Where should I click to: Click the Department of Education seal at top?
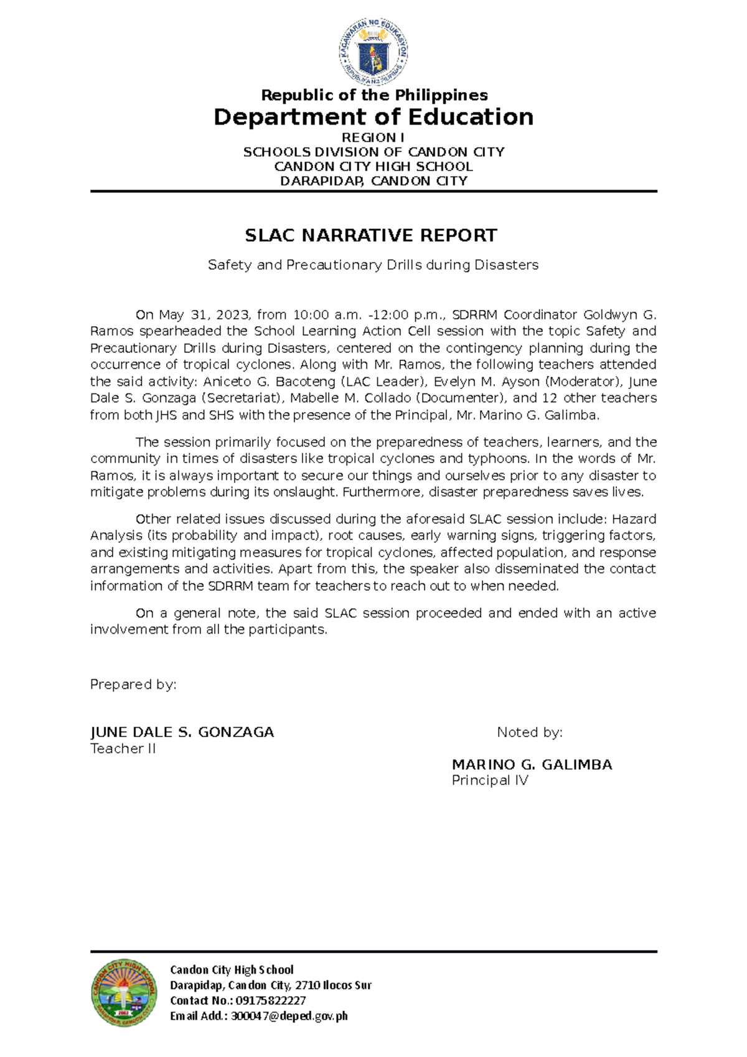(x=374, y=52)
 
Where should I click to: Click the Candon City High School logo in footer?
(x=124, y=992)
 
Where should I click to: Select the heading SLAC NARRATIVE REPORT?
(x=371, y=235)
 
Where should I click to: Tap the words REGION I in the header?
(x=374, y=138)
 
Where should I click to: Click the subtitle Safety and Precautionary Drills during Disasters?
(x=373, y=265)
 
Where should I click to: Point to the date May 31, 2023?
(x=204, y=315)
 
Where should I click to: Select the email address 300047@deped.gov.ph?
(x=289, y=1017)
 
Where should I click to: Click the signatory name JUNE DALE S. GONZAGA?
(x=182, y=733)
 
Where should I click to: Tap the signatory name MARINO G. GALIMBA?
(x=532, y=765)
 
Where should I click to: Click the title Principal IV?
(x=489, y=781)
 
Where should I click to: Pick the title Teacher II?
(x=123, y=749)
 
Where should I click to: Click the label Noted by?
(x=529, y=733)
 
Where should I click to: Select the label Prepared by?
(x=133, y=685)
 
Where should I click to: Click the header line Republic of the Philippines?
(x=374, y=95)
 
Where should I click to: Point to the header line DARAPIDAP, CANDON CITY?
(x=374, y=181)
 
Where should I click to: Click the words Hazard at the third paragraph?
(x=634, y=519)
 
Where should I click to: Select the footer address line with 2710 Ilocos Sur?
(x=270, y=985)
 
